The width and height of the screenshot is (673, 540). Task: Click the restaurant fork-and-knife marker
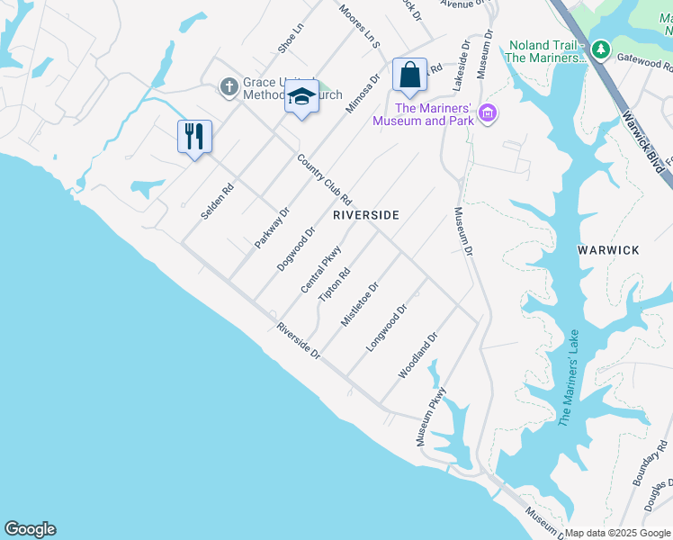[x=194, y=137]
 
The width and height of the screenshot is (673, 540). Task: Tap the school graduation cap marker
[x=301, y=96]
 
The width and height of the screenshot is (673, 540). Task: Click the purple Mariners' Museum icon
[x=488, y=113]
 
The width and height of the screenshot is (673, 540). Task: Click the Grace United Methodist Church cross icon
[x=229, y=87]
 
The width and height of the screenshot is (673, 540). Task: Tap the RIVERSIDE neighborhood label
[x=365, y=216]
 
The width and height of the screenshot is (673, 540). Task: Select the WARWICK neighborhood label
[x=608, y=249]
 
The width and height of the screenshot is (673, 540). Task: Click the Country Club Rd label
[x=324, y=179]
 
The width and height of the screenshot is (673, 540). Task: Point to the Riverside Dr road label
[x=300, y=340]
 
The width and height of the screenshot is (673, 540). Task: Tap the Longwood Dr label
[x=388, y=327]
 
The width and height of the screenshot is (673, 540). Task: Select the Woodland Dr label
[x=418, y=355]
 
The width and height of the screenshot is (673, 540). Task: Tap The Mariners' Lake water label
[x=569, y=378]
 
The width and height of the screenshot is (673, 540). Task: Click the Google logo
[x=30, y=529]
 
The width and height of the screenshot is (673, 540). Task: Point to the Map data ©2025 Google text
[x=617, y=533]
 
